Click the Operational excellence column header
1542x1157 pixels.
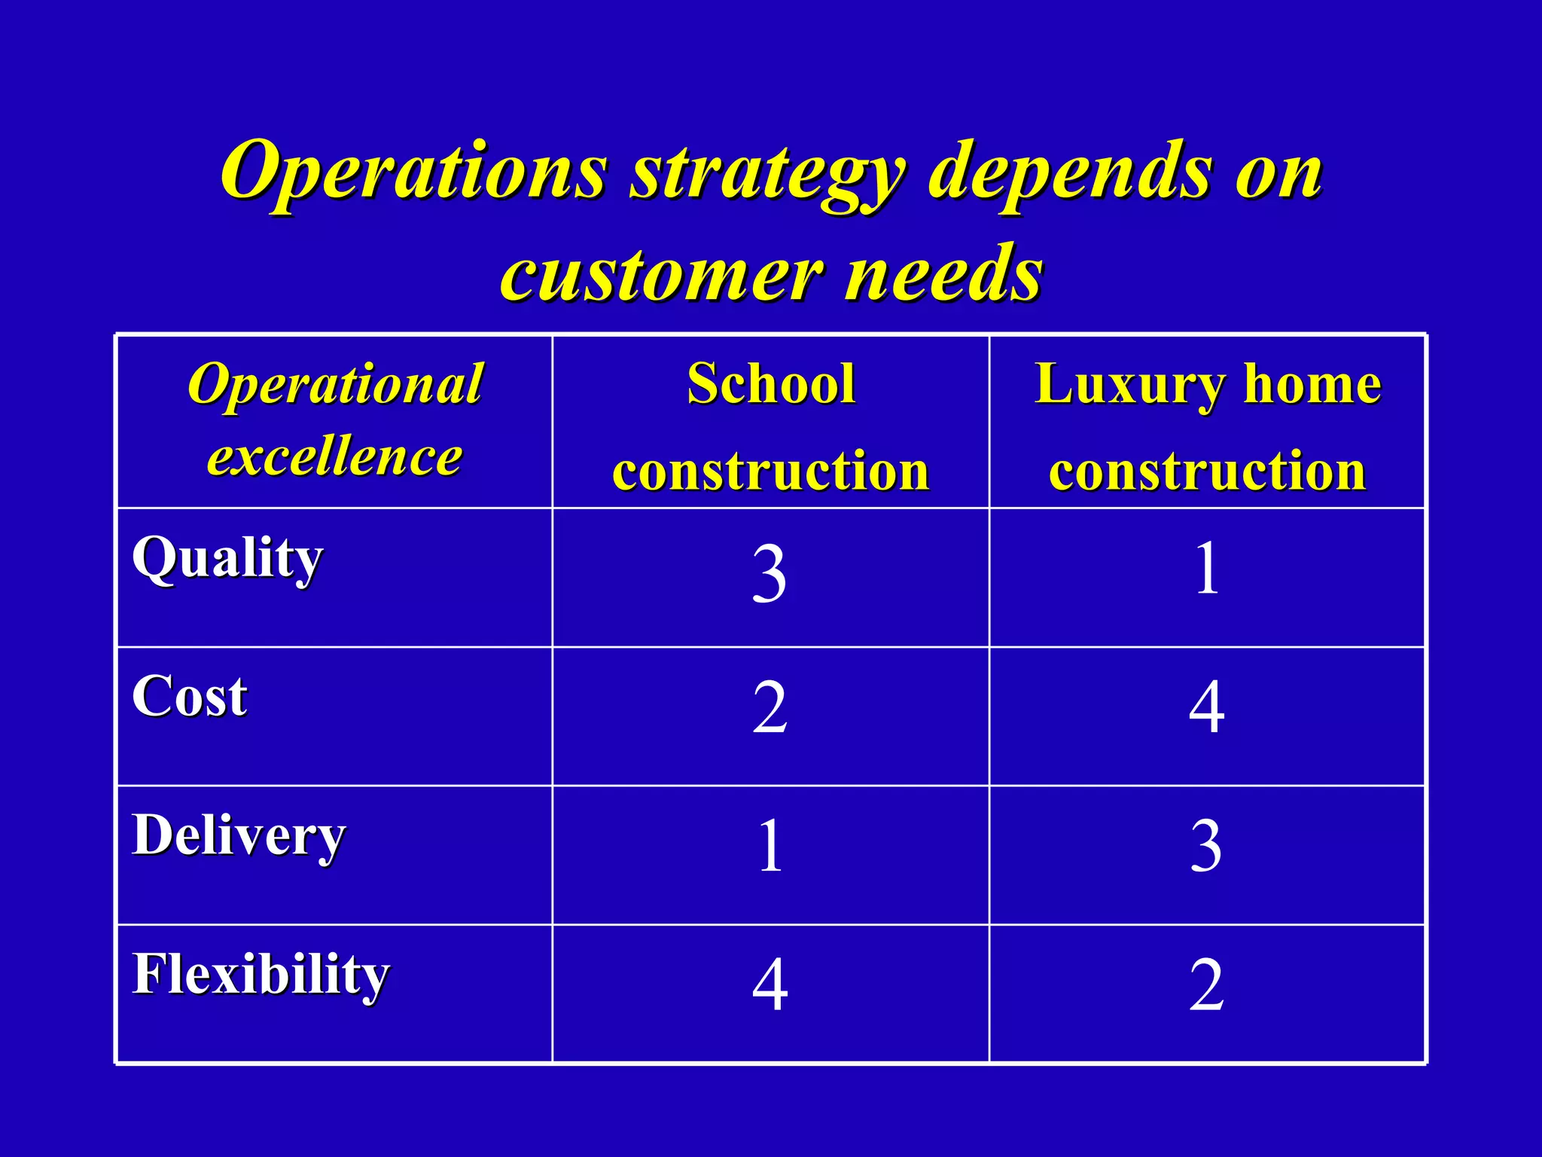coord(335,420)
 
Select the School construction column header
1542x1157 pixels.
coord(771,426)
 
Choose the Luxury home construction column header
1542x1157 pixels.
coord(1207,426)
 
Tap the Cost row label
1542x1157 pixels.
coord(190,696)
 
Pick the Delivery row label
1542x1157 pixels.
coord(239,836)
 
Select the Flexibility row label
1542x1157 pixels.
coord(261,975)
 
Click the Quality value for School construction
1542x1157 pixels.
coord(769,575)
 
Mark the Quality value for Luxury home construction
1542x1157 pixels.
coord(1206,569)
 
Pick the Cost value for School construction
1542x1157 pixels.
coord(769,708)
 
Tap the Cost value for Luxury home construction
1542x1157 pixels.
coord(1206,708)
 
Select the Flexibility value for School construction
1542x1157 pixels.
coord(769,985)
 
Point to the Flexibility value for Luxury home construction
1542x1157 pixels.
coord(1206,985)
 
